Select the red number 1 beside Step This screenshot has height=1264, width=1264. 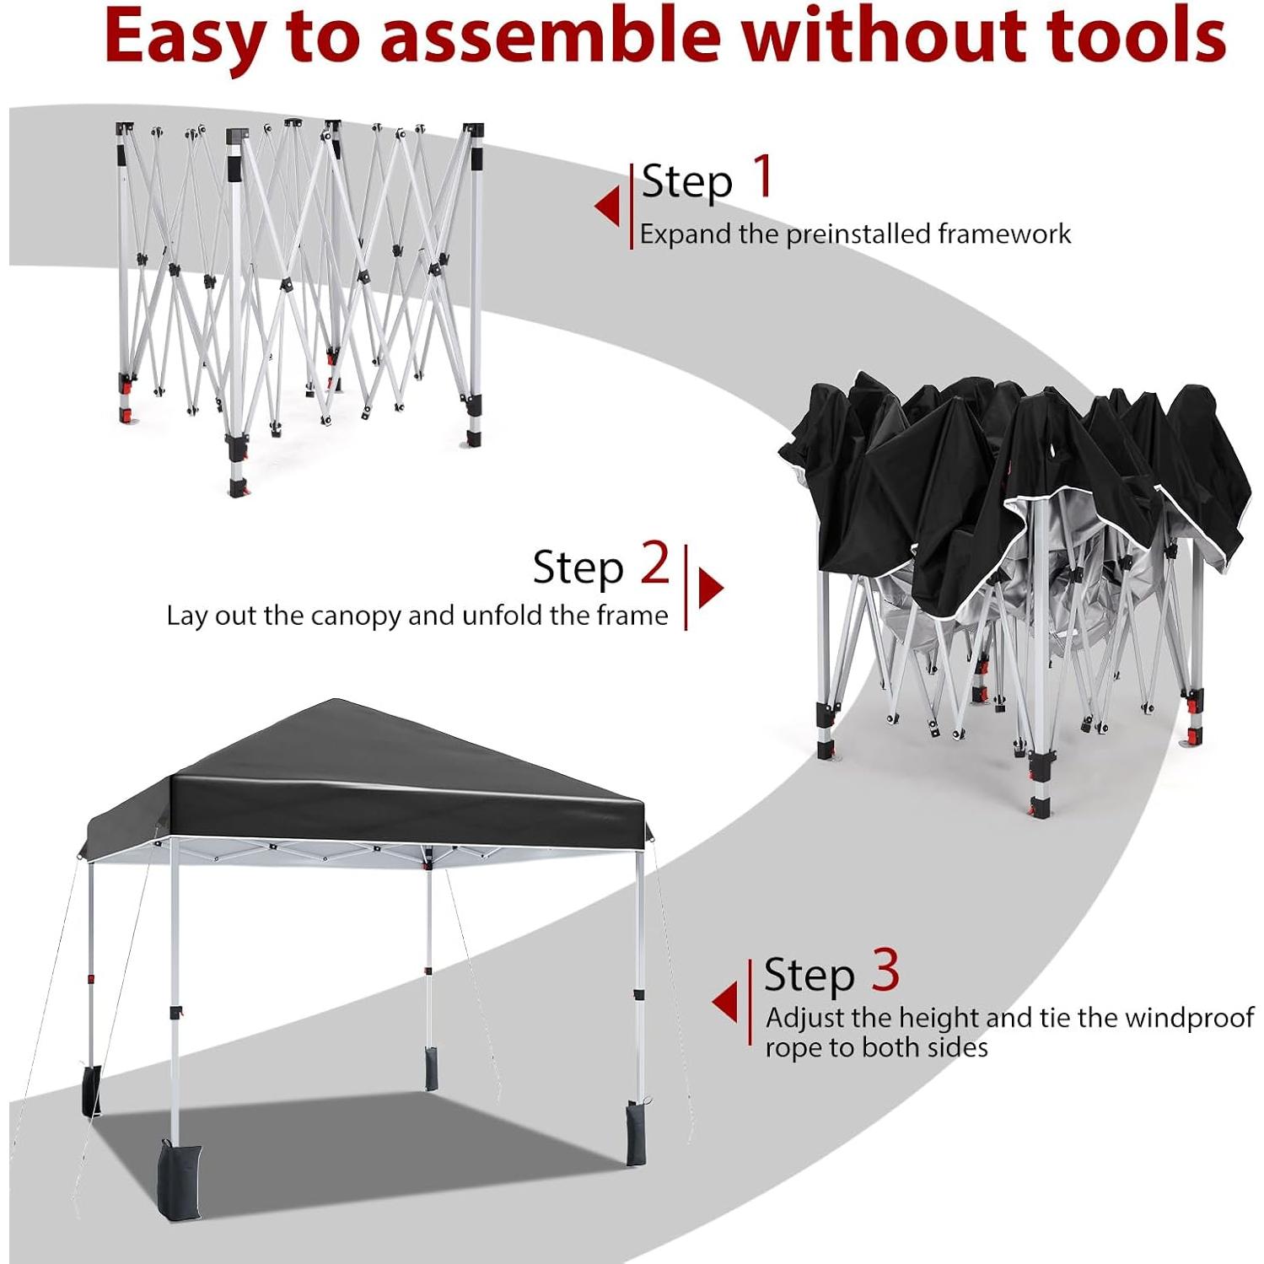pyautogui.click(x=763, y=176)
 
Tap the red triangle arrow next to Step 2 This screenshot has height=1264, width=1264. pyautogui.click(x=710, y=588)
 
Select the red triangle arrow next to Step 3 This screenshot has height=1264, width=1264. pyautogui.click(x=726, y=1003)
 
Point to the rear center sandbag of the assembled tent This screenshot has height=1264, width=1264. pyautogui.click(x=431, y=1068)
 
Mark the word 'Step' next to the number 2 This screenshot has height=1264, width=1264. pyautogui.click(x=578, y=567)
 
